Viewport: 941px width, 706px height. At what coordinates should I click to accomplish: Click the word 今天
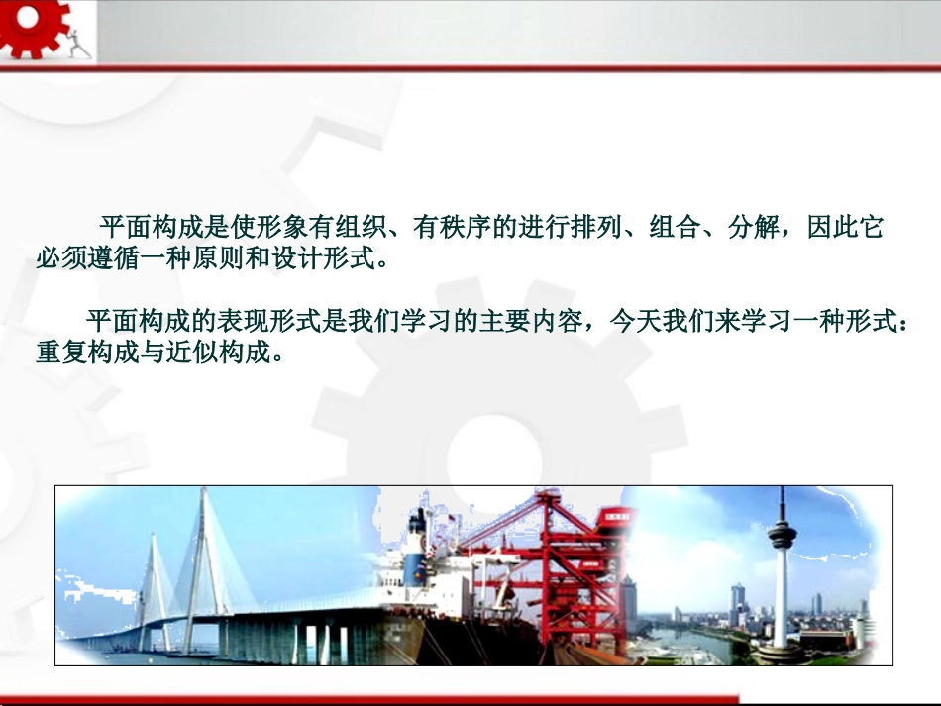pos(634,322)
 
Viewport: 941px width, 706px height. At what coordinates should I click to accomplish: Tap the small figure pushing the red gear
pos(78,41)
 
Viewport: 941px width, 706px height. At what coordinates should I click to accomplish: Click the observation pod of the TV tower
pos(782,535)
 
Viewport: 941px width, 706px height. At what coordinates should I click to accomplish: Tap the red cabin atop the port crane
pos(617,516)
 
